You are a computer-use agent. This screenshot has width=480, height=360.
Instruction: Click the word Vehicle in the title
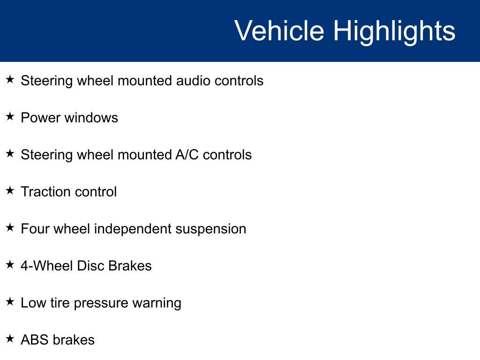(x=279, y=30)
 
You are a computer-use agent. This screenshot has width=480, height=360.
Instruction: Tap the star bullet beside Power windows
(x=10, y=116)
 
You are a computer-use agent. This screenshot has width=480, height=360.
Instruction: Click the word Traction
(x=46, y=192)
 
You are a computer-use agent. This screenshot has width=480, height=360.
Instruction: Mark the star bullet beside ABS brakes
(x=10, y=338)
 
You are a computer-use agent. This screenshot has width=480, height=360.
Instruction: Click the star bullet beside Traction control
(x=10, y=190)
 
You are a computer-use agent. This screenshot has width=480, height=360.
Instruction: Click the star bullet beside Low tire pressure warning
(x=10, y=301)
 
